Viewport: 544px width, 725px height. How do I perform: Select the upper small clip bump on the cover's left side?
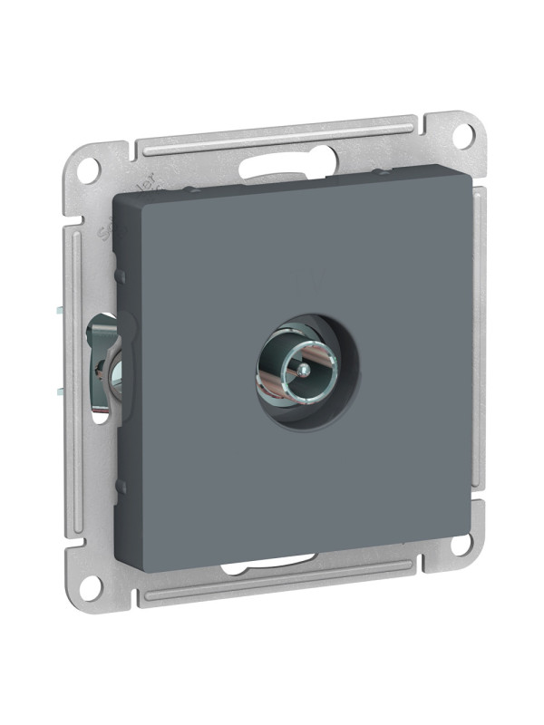[x=118, y=265]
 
